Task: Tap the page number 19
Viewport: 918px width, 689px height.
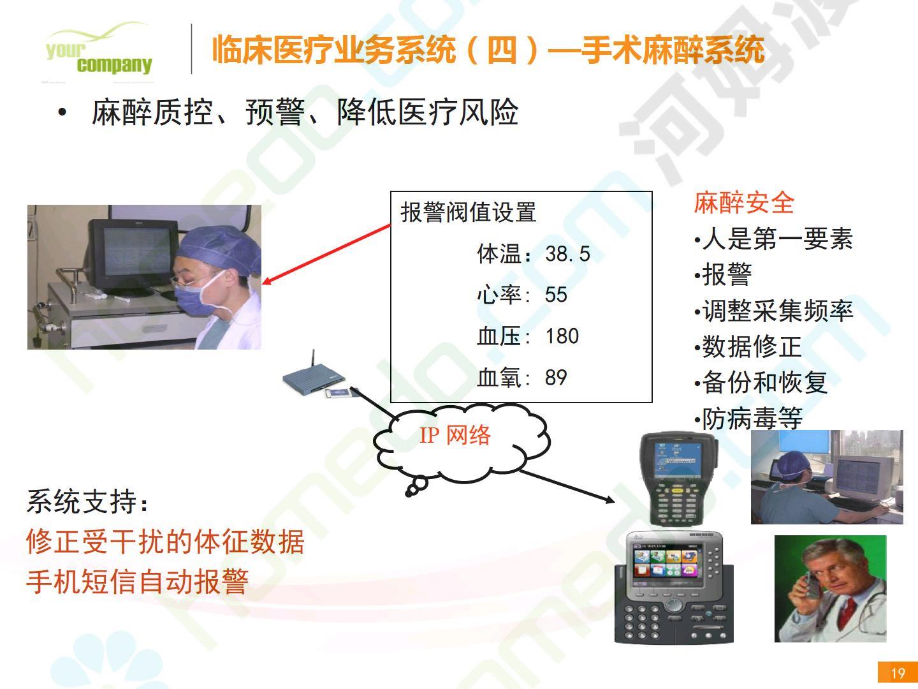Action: (898, 673)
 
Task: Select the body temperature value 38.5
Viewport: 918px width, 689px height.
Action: (567, 253)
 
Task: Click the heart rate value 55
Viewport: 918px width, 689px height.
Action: (556, 295)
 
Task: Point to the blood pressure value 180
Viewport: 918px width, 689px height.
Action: (562, 336)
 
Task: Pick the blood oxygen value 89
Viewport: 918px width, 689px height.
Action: (556, 377)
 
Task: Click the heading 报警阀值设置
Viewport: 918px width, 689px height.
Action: (469, 212)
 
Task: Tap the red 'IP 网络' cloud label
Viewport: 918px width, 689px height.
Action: (455, 435)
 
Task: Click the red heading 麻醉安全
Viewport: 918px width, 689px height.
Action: (744, 203)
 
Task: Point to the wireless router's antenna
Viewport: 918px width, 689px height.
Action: (313, 359)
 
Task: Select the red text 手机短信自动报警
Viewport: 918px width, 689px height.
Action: (137, 582)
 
